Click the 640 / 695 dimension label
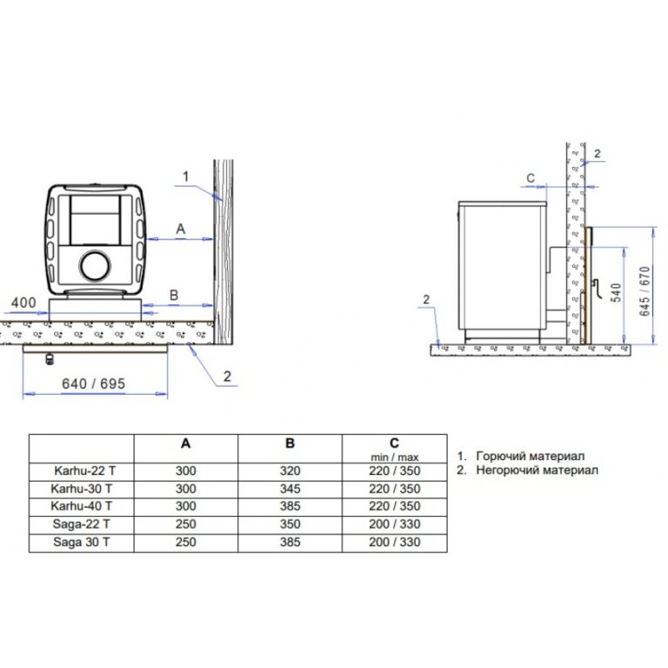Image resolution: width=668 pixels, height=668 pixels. pyautogui.click(x=94, y=384)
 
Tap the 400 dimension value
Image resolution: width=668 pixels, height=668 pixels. pyautogui.click(x=23, y=303)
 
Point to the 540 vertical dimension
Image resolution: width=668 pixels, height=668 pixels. pyautogui.click(x=617, y=292)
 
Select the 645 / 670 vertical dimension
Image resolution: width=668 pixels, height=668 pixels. pyautogui.click(x=645, y=291)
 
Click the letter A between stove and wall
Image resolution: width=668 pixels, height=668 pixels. pyautogui.click(x=181, y=230)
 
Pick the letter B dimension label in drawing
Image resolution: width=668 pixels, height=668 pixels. pyautogui.click(x=174, y=295)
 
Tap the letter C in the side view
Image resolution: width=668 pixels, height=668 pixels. pyautogui.click(x=531, y=178)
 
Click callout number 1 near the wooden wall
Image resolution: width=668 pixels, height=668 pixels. pyautogui.click(x=186, y=177)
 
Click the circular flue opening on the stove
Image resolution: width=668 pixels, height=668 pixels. pyautogui.click(x=95, y=266)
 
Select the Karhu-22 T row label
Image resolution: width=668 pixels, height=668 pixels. pyautogui.click(x=84, y=471)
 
